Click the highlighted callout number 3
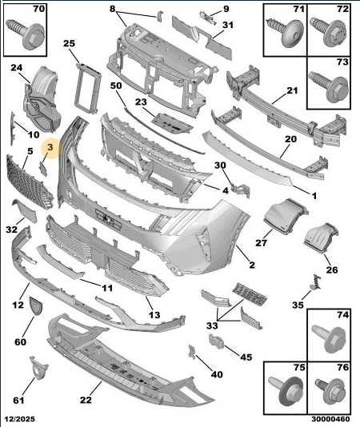pos(50,148)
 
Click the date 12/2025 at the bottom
pos(20,418)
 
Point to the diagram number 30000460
pos(330,418)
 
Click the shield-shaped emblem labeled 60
pos(36,305)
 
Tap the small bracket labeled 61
pos(38,368)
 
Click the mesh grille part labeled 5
pos(28,181)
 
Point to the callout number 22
pos(86,400)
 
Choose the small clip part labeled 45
pos(216,341)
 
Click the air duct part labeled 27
pos(286,217)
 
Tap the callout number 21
pos(293,90)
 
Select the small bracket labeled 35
pos(316,282)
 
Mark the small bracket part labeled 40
pos(192,352)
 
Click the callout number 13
pos(154,315)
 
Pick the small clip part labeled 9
pos(208,17)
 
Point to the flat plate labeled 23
pos(173,124)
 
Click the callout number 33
pos(212,325)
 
